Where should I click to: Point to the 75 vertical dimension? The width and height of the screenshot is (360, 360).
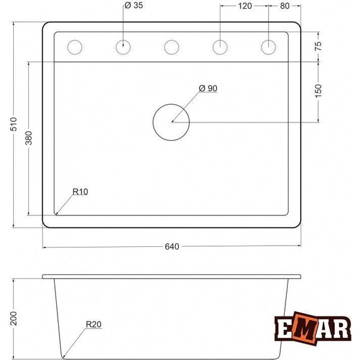[318, 46]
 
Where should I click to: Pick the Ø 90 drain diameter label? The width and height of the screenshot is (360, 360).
[208, 88]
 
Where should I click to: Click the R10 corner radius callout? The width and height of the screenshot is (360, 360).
[80, 192]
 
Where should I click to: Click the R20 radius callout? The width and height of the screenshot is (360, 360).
[93, 326]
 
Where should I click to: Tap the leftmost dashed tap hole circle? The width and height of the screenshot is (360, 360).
[75, 47]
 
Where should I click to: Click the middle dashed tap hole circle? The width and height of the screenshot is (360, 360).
[171, 47]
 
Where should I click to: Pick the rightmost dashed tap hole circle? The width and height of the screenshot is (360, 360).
[268, 47]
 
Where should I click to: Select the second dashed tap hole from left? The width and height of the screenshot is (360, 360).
[124, 47]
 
